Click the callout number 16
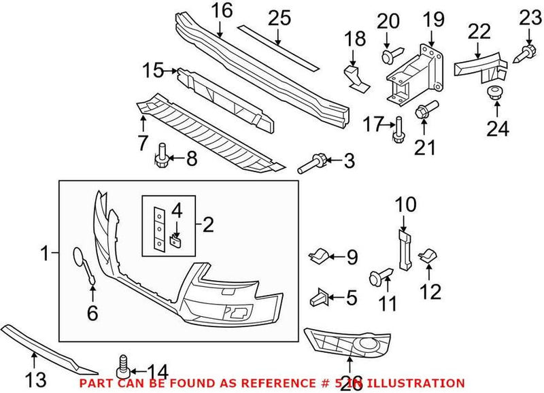(x=222, y=11)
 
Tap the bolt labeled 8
(x=162, y=156)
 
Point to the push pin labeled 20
(x=388, y=56)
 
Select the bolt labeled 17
(x=396, y=129)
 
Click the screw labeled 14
(x=123, y=364)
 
